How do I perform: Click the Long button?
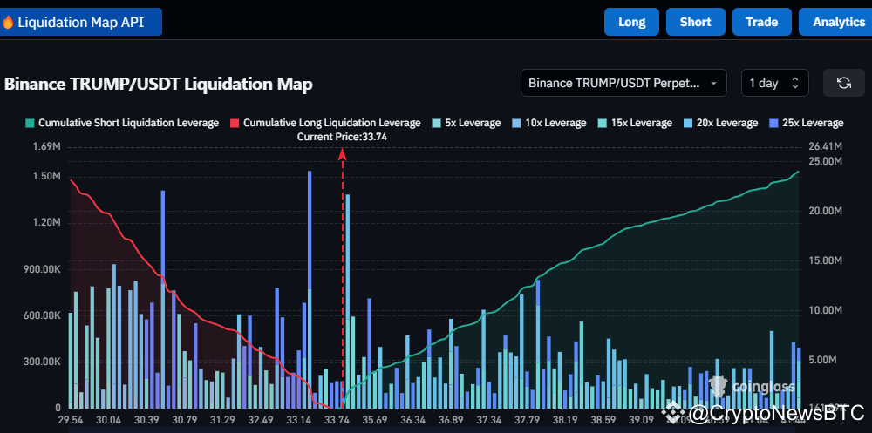631,22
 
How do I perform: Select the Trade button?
761,22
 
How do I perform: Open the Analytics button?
837,22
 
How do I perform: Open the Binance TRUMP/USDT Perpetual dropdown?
623,83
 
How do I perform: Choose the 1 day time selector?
773,83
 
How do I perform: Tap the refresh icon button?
843,83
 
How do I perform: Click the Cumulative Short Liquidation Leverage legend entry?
122,123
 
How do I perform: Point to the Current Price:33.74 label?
342,137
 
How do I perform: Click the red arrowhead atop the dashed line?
343,154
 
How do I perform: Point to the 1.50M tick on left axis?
46,176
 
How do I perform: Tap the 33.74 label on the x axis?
337,420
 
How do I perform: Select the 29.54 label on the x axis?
71,420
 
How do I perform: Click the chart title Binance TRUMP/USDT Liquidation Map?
159,85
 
